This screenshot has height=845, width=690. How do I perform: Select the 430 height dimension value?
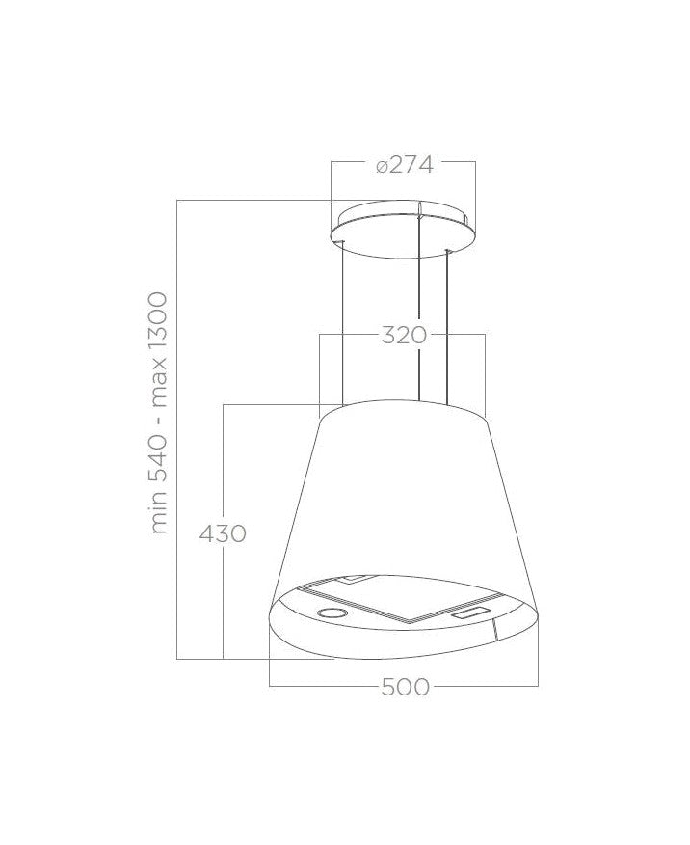(223, 532)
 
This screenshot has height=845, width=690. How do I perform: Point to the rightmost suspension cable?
(447, 323)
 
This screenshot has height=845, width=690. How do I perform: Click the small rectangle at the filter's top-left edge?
(355, 580)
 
